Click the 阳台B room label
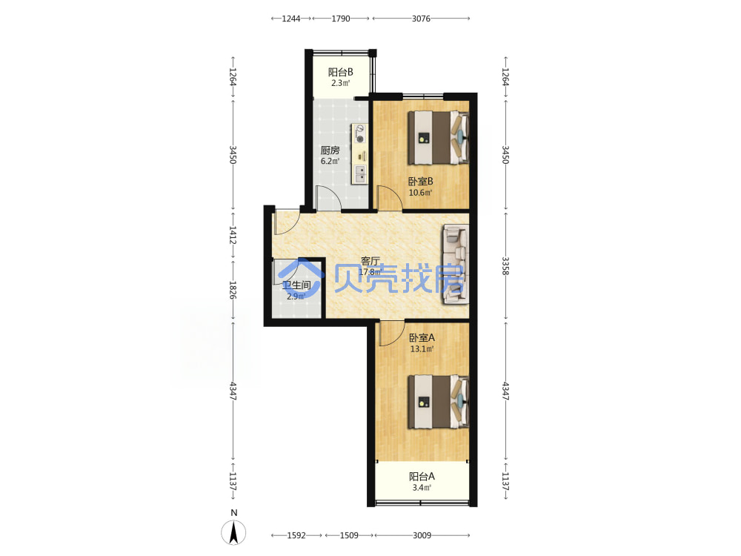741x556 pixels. click(340, 73)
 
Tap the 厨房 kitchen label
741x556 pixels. click(330, 150)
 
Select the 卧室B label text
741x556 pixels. click(421, 181)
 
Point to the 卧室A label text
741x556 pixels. click(422, 337)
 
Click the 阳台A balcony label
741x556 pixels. click(422, 476)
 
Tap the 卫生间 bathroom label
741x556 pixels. click(296, 285)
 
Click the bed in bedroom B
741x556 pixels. click(439, 138)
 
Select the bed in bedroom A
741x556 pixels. click(439, 401)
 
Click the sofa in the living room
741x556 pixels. click(456, 265)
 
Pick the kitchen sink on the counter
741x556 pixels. click(360, 174)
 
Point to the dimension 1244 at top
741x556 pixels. click(291, 19)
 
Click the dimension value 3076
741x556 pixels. click(421, 19)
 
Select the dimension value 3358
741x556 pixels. click(505, 265)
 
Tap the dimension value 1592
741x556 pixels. click(296, 535)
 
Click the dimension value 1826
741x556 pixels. click(233, 290)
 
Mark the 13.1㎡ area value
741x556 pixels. click(422, 349)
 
